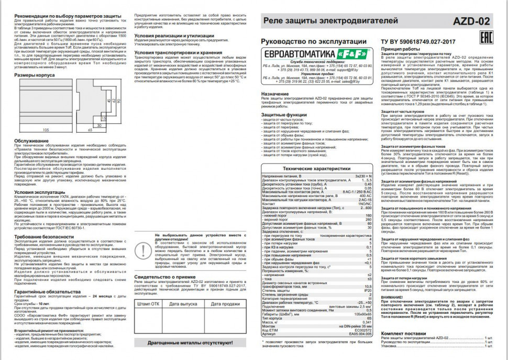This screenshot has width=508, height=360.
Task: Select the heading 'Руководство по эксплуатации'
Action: tap(305, 41)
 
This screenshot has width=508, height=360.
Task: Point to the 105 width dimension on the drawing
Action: tap(46, 128)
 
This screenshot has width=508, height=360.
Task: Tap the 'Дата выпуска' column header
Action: tap(183, 304)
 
